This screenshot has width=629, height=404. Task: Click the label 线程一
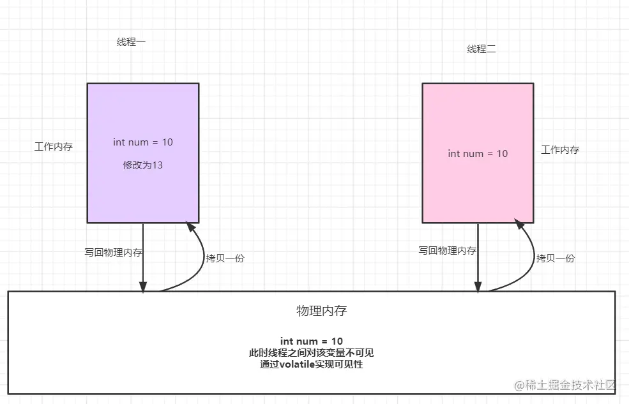[x=131, y=42]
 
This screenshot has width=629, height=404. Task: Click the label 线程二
[x=481, y=49]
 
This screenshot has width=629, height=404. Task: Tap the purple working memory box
[x=142, y=191]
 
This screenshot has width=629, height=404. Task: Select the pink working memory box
[x=478, y=191]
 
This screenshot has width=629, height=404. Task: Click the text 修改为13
[x=142, y=165]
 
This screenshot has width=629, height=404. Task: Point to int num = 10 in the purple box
[x=142, y=142]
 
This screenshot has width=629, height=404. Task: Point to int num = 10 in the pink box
[x=478, y=153]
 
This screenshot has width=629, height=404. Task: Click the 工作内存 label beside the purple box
[x=54, y=146]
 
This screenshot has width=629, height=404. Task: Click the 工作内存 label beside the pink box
[x=560, y=150]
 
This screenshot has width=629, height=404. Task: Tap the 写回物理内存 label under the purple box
[x=114, y=252]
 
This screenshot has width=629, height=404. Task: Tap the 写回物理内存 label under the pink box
[x=448, y=251]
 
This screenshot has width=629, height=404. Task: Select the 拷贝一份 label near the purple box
[x=225, y=258]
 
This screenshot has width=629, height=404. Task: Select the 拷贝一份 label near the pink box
[x=556, y=258]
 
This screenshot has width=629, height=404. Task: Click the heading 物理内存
[x=322, y=311]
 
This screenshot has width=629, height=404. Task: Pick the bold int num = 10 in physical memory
[x=312, y=341]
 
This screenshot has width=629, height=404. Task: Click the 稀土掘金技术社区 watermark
[x=565, y=385]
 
